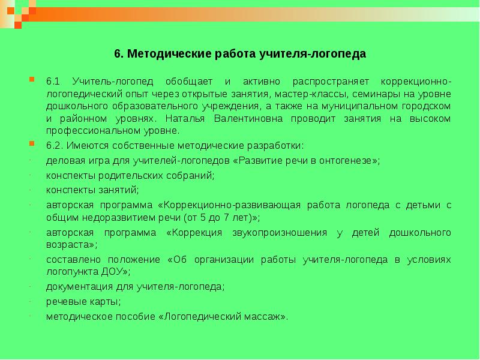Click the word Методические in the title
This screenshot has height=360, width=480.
coord(162,54)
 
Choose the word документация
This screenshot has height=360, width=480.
coord(74,287)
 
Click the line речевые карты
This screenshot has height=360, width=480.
coord(83,301)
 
